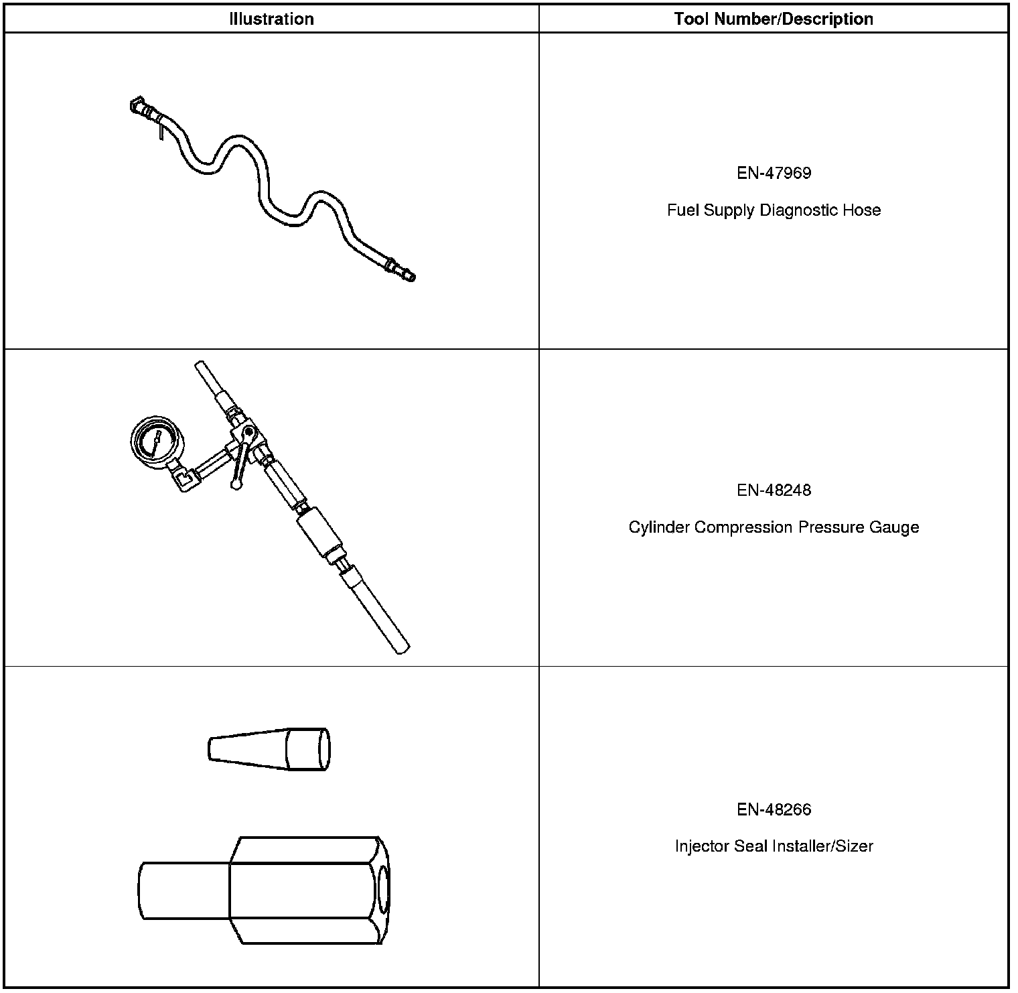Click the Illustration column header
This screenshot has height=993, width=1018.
(271, 19)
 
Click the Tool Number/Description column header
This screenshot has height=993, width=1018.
(774, 19)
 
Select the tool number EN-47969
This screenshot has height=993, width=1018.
(774, 173)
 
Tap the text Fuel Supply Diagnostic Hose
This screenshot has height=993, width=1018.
(774, 210)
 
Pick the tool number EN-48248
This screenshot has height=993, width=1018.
(774, 490)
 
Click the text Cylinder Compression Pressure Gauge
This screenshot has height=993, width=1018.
(774, 527)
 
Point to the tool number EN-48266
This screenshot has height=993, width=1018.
(774, 809)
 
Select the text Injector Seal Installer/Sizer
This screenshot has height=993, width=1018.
(774, 846)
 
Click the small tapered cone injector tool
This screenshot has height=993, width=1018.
(269, 748)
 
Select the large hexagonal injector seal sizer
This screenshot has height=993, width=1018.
(264, 890)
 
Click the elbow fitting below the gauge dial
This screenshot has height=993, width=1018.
(182, 478)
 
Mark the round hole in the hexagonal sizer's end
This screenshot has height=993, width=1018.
(382, 890)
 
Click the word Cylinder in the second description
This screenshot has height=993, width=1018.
(658, 527)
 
